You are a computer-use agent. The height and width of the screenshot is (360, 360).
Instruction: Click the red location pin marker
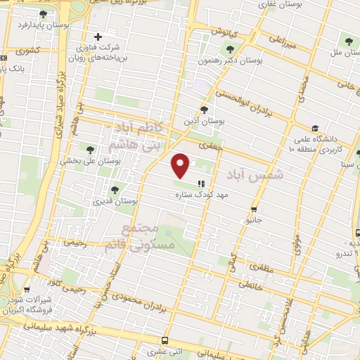coord(181,165)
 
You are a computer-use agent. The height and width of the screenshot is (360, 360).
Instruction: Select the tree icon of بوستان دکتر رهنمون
coord(230,49)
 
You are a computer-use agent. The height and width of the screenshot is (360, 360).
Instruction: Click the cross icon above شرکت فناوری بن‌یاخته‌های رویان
coord(98,37)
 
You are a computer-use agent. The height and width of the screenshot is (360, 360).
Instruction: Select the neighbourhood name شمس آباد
coord(255,173)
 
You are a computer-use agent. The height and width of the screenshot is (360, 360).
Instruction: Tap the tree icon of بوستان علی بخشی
coord(89,148)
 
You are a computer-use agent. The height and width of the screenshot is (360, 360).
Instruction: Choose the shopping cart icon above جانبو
coord(253,208)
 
